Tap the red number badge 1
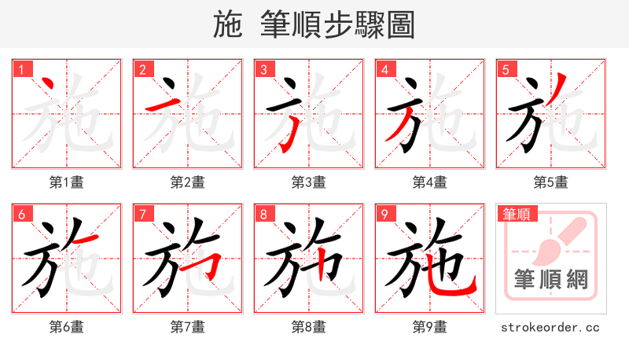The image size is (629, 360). point(20,69)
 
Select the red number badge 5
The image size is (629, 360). point(505,69)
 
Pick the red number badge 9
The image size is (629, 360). point(384,214)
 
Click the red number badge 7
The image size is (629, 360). point(142,214)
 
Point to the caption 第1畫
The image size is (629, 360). point(66,182)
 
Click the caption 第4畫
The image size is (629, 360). point(429,182)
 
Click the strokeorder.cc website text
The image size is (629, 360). point(550,327)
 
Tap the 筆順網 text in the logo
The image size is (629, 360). point(550,278)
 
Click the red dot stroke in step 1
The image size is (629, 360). point(47,84)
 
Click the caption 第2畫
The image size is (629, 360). point(187,182)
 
